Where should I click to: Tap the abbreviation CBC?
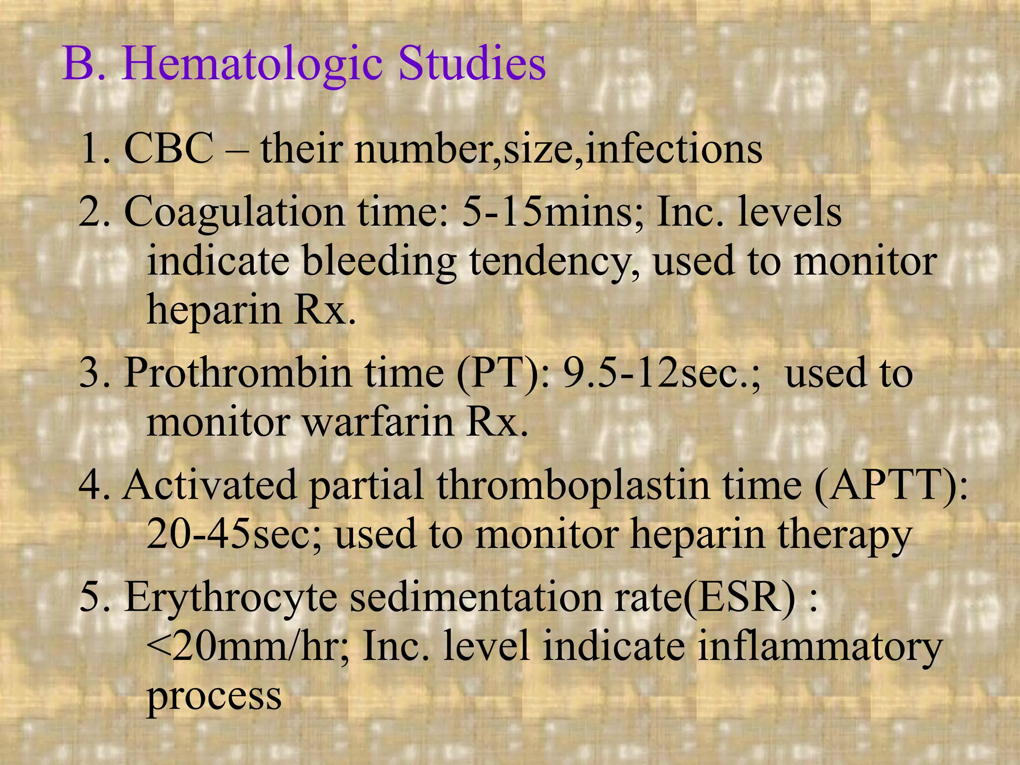click(168, 149)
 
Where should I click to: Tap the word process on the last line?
click(214, 697)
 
